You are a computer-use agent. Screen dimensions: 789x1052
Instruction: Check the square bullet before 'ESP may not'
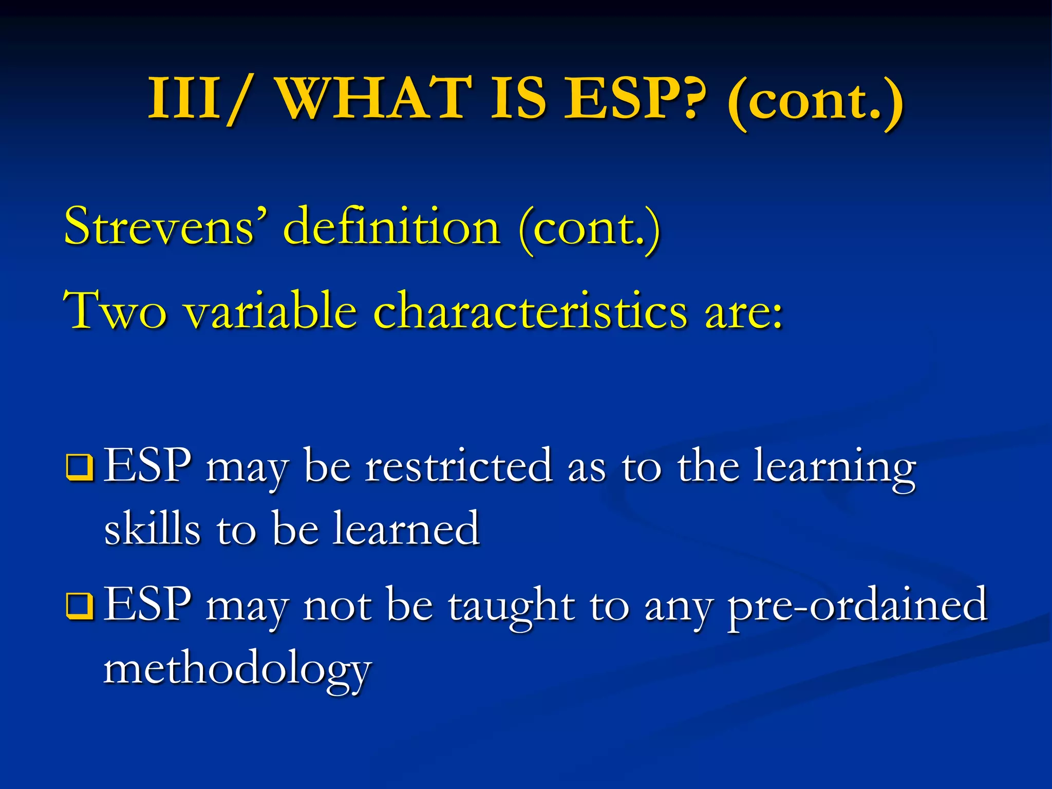[x=80, y=606]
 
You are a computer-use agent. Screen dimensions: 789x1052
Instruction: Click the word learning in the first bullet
[x=834, y=467]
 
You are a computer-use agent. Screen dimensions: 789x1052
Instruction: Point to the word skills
[x=152, y=529]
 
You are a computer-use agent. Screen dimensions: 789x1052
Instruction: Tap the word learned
[x=406, y=529]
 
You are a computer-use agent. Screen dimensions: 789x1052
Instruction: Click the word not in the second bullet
[x=336, y=606]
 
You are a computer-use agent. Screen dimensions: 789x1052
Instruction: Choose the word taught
[x=511, y=606]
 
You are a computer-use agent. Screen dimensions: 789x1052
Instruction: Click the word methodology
[x=237, y=670]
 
